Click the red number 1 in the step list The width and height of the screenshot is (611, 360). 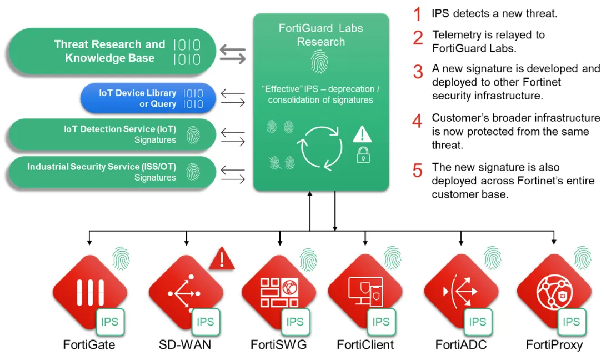pyautogui.click(x=418, y=13)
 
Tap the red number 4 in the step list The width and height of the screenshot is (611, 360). pyautogui.click(x=418, y=121)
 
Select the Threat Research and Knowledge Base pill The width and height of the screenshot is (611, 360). pyautogui.click(x=111, y=51)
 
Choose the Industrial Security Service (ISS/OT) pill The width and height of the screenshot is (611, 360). pyautogui.click(x=111, y=172)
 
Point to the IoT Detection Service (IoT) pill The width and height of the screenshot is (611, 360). pyautogui.click(x=111, y=134)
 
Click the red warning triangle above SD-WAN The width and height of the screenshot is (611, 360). pyautogui.click(x=222, y=259)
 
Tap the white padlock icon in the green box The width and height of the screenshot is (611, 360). pyautogui.click(x=363, y=155)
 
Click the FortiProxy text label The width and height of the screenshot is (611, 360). pyautogui.click(x=554, y=345)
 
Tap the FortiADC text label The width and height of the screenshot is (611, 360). pyautogui.click(x=461, y=345)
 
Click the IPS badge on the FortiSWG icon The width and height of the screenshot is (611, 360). pyautogui.click(x=295, y=322)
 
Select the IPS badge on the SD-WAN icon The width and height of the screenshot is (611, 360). pyautogui.click(x=205, y=322)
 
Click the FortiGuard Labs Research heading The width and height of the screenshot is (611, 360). pyautogui.click(x=320, y=34)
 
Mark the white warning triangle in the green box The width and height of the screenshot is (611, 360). pyautogui.click(x=362, y=134)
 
